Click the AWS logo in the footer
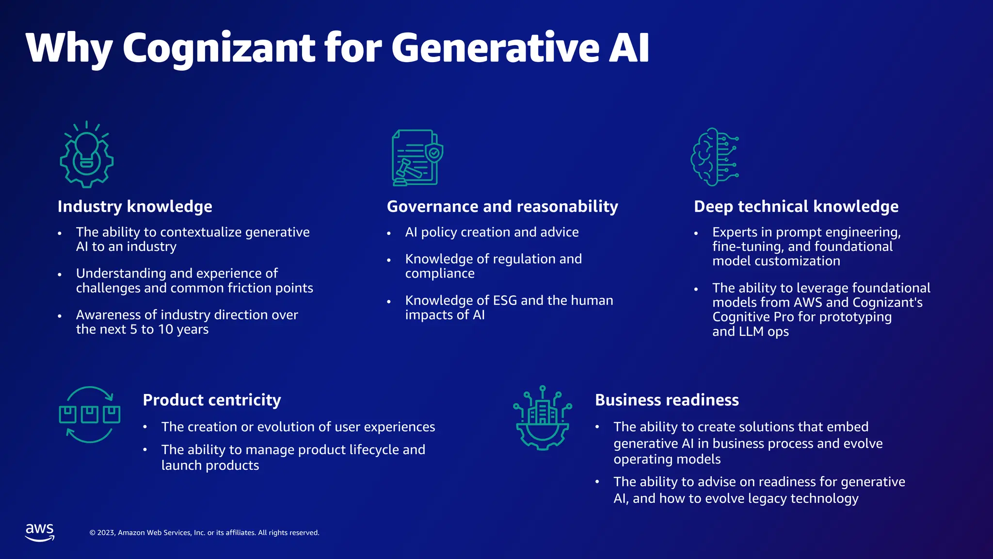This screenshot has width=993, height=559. (40, 532)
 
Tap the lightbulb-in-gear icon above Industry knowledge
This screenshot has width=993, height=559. (87, 154)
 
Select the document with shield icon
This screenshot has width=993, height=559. (417, 157)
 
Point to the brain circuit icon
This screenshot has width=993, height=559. (714, 157)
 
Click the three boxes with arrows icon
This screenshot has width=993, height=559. (90, 415)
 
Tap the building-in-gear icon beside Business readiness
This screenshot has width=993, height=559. (543, 418)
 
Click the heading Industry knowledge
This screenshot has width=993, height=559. (135, 206)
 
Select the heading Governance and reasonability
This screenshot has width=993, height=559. (502, 206)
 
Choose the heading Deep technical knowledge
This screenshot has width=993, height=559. (796, 206)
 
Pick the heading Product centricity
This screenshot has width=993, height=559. (212, 400)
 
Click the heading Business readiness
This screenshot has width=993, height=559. (667, 400)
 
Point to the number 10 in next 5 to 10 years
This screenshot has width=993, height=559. (166, 329)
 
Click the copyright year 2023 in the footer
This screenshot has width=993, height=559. (106, 533)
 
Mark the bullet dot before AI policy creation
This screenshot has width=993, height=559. (389, 233)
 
